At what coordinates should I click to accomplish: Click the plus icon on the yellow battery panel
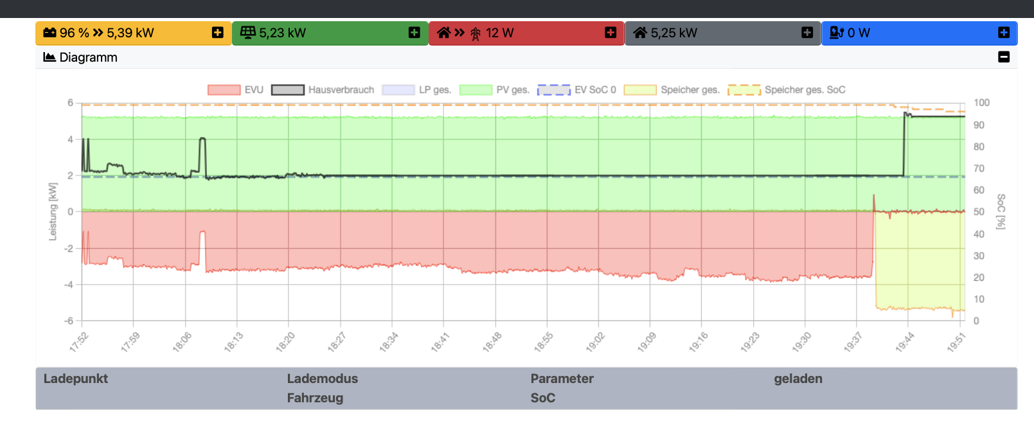(218, 33)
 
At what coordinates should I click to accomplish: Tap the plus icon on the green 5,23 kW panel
(414, 33)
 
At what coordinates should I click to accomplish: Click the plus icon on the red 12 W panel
(611, 33)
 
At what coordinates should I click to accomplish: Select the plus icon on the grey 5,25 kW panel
(807, 33)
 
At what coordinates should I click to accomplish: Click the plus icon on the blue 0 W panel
(1004, 33)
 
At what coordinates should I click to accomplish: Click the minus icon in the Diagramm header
(1004, 57)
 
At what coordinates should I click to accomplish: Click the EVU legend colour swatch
(224, 90)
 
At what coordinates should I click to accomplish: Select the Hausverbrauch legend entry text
(341, 90)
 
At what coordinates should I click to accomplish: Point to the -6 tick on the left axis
(70, 321)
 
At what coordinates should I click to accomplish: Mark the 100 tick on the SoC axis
(981, 103)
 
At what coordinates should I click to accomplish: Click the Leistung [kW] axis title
(53, 211)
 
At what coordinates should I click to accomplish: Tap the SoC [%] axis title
(1001, 211)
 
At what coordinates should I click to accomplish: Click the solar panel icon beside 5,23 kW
(247, 33)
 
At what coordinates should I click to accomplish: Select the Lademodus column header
(322, 379)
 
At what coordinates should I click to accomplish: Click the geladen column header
(798, 379)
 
